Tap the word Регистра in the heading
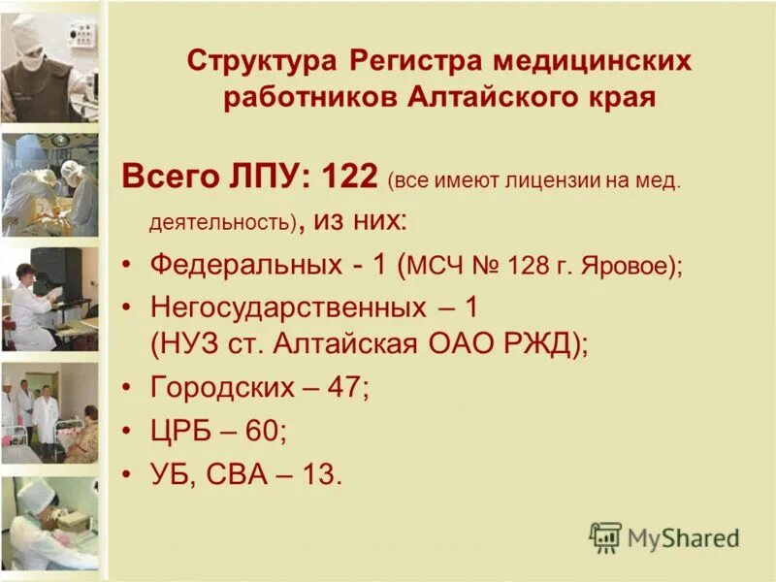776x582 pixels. coord(411,61)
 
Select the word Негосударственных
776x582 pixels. coord(289,307)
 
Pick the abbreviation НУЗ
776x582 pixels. coord(194,343)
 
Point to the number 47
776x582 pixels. coord(345,388)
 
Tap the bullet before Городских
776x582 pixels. coord(129,389)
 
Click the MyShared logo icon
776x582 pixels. coord(605,536)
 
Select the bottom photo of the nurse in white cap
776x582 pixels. coord(48,524)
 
